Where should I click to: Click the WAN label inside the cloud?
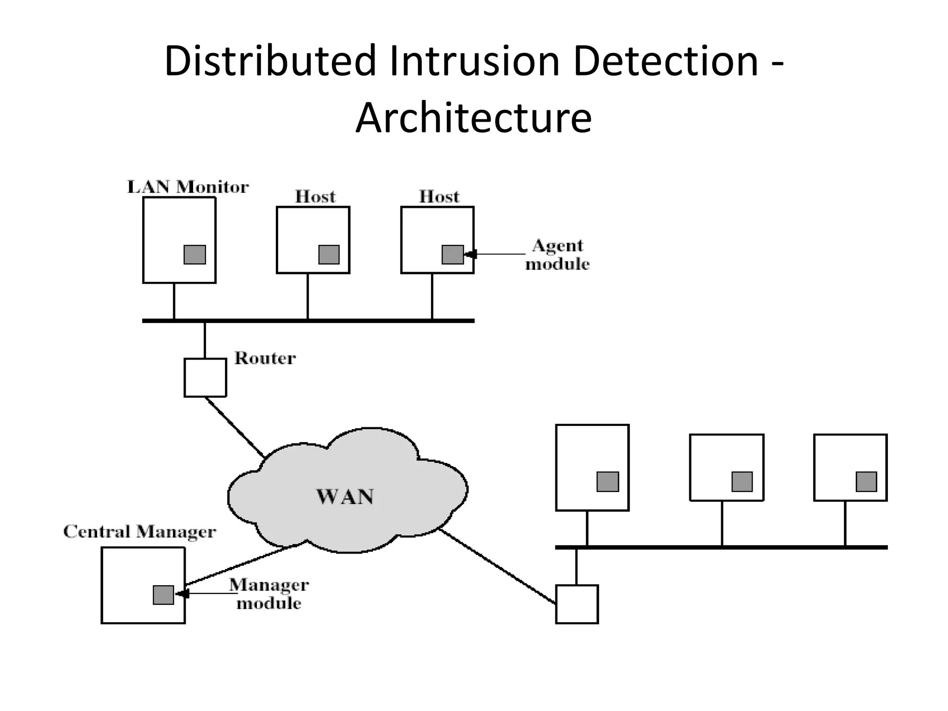coord(345,497)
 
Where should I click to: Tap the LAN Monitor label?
coord(188,187)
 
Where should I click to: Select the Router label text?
coord(265,358)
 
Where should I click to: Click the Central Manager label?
coord(139,531)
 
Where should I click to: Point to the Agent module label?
coord(557,255)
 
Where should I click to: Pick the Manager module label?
coord(269,594)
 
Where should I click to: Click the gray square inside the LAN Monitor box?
coord(195,255)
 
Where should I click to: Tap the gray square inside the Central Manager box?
coord(163,595)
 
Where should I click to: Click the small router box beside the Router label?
coord(205,377)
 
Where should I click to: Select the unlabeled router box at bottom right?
coord(577,604)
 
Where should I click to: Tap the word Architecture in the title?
coord(474,118)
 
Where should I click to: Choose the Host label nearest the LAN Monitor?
coord(315,197)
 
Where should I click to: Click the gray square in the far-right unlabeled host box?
coord(866,481)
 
